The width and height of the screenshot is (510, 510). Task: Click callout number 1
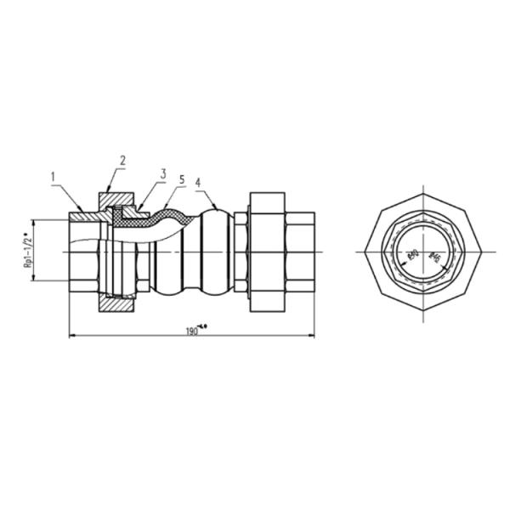(x=53, y=177)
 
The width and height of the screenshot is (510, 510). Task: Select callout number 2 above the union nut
(x=122, y=160)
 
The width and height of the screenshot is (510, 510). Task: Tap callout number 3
(x=161, y=174)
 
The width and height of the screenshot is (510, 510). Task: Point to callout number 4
(x=197, y=181)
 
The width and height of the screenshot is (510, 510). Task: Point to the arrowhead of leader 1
(x=82, y=212)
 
